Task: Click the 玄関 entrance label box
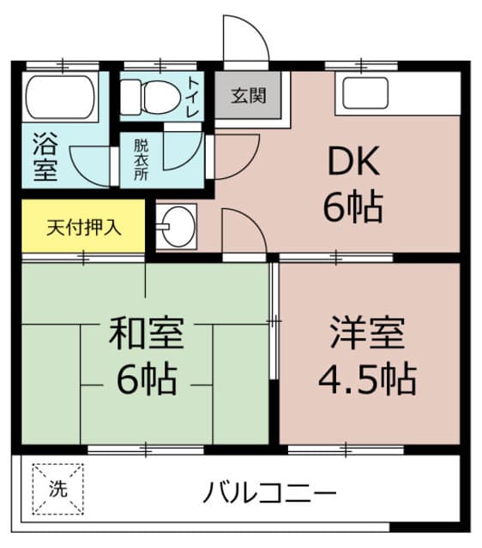(x=248, y=93)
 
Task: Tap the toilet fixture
(x=148, y=98)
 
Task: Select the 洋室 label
(x=367, y=333)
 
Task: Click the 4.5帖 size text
(x=367, y=378)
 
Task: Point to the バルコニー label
(x=269, y=493)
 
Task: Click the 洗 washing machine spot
(x=58, y=490)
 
